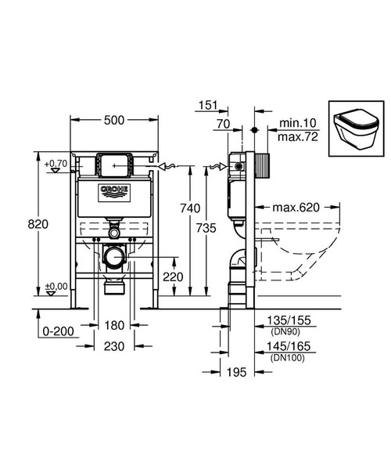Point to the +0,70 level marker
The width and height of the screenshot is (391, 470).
[x=56, y=163]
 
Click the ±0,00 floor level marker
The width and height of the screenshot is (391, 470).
[x=56, y=286]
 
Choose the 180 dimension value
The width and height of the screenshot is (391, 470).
[x=114, y=326]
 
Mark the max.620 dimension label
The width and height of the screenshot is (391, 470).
[x=298, y=208]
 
